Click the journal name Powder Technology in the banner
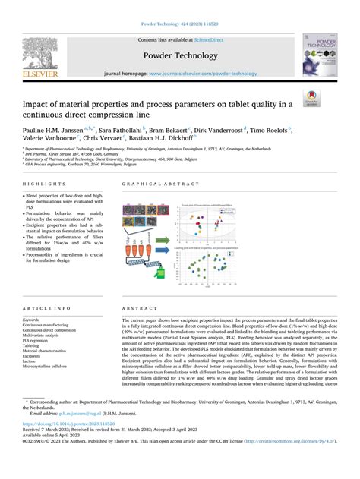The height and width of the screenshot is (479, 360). pos(179,55)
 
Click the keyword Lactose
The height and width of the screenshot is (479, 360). pos(34,361)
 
